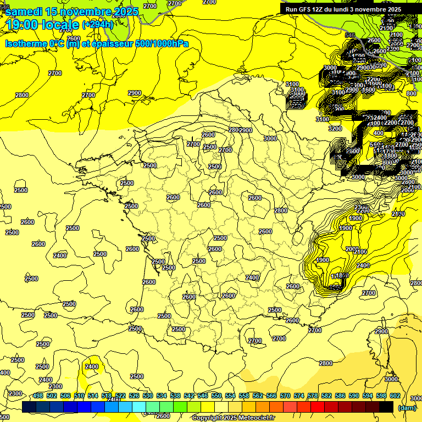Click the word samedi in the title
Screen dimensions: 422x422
[24, 12]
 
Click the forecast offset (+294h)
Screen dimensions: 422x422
[98, 25]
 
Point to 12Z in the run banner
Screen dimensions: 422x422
[320, 9]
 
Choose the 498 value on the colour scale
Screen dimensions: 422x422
[38, 396]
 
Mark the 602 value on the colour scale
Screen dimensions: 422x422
[395, 396]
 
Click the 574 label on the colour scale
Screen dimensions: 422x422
[299, 396]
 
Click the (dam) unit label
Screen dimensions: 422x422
[407, 407]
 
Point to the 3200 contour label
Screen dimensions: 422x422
[335, 129]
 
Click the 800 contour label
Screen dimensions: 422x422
[411, 93]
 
